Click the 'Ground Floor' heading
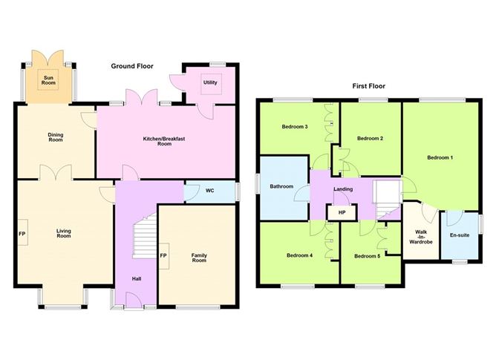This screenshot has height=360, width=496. coord(132,67)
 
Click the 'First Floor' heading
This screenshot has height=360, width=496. coord(368,86)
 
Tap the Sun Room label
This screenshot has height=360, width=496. coord(48,80)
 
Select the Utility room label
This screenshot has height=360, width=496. coord(210,82)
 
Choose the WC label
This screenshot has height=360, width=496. coord(210,191)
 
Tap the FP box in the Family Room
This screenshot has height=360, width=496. coord(163,257)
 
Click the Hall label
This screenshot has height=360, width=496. coord(136,279)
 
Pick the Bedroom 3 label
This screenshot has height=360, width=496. coord(295,127)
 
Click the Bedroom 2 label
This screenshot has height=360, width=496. coord(370,138)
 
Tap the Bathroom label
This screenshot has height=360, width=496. coord(282,186)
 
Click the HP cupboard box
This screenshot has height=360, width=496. coord(342,213)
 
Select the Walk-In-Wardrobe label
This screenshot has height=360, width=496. coord(420,235)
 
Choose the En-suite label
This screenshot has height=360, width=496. coord(460,237)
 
